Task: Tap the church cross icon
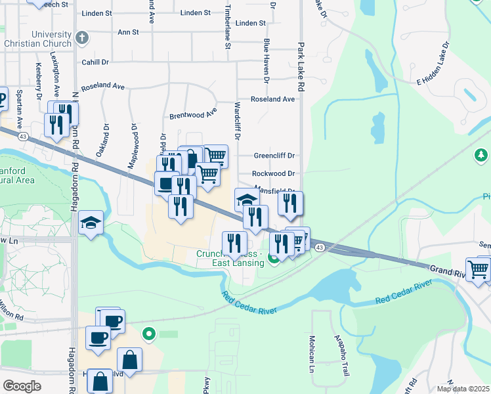pyautogui.click(x=82, y=39)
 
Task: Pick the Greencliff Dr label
pyautogui.click(x=275, y=156)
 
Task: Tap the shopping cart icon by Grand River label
pyautogui.click(x=479, y=268)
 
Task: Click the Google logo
pyautogui.click(x=22, y=386)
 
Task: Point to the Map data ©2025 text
pyautogui.click(x=463, y=388)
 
